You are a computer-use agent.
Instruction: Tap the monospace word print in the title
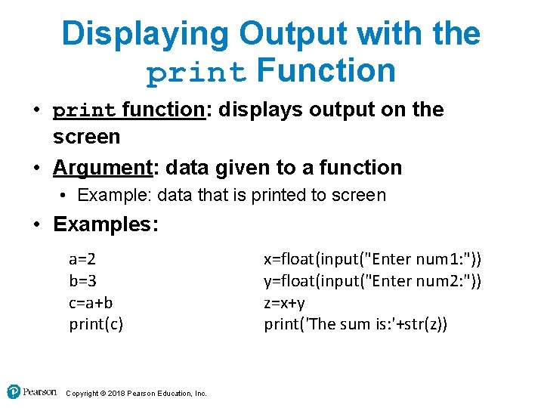(196, 73)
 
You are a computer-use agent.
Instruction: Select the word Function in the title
(326, 71)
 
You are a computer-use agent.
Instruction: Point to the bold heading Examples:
(105, 224)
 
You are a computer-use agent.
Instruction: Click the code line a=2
(82, 259)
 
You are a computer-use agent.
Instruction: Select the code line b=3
(82, 281)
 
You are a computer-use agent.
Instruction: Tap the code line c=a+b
(91, 303)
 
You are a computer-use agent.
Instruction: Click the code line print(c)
(96, 325)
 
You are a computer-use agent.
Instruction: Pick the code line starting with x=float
(372, 259)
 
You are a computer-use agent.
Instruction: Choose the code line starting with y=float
(372, 281)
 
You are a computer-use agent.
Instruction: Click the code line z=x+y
(284, 303)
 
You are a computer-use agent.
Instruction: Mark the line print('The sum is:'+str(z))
(355, 325)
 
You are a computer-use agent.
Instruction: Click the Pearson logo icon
(14, 391)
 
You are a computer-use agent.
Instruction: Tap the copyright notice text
(136, 393)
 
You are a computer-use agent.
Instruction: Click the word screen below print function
(86, 137)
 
